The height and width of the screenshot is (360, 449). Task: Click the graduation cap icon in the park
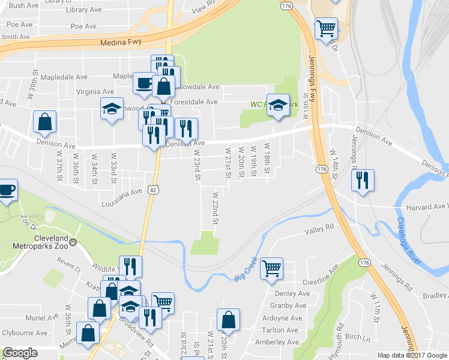278,105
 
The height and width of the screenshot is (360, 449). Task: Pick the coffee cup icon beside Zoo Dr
7,191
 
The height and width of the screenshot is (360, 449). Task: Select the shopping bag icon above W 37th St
45,122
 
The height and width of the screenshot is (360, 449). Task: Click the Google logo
20,353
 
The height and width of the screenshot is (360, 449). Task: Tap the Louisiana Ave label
122,193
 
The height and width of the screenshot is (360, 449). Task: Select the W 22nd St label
215,208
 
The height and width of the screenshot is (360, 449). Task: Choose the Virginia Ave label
95,92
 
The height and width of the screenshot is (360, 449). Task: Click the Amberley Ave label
277,342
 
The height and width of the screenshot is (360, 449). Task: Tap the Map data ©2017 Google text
412,355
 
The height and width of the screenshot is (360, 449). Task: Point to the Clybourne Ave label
24,332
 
